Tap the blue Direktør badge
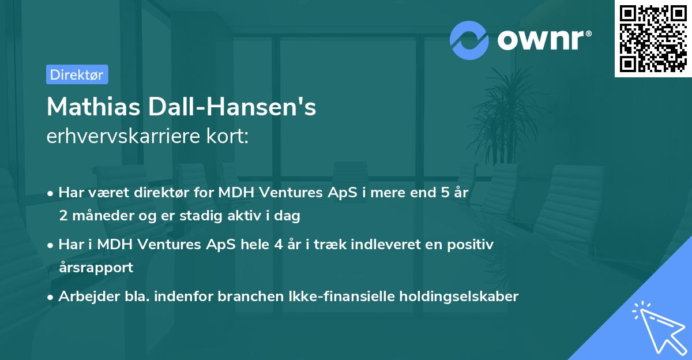[x=77, y=74]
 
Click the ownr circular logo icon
[x=470, y=40]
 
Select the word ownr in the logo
[x=543, y=40]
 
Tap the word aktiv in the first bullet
[x=253, y=216]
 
